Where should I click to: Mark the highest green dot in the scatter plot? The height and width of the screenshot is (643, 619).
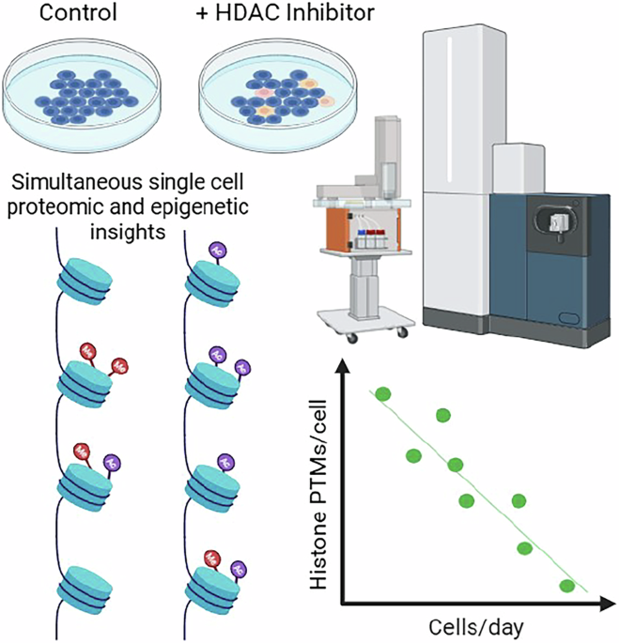tap(382, 394)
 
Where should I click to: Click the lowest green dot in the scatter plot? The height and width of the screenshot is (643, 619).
tap(566, 587)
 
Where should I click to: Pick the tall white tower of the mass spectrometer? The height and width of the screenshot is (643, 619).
tap(457, 169)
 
